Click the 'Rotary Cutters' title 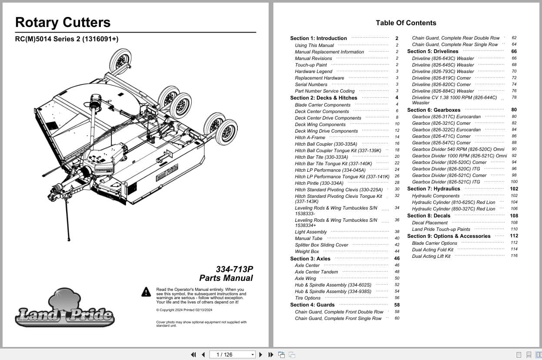pos(63,23)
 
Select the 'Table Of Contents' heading pos(406,23)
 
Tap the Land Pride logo pos(65,309)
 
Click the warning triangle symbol pos(146,292)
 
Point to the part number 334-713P pos(234,269)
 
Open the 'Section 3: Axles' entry pos(310,259)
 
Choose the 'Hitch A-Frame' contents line pos(310,137)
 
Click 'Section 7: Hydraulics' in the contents pos(433,189)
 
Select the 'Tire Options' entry pos(307,298)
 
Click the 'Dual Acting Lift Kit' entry pos(431,256)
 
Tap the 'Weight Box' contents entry pos(307,251)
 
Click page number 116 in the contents pos(514,256)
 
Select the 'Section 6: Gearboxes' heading pos(433,110)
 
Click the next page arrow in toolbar pos(261,355)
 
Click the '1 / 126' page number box pos(232,355)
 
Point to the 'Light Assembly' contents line pos(311,232)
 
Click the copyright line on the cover pos(184,310)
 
